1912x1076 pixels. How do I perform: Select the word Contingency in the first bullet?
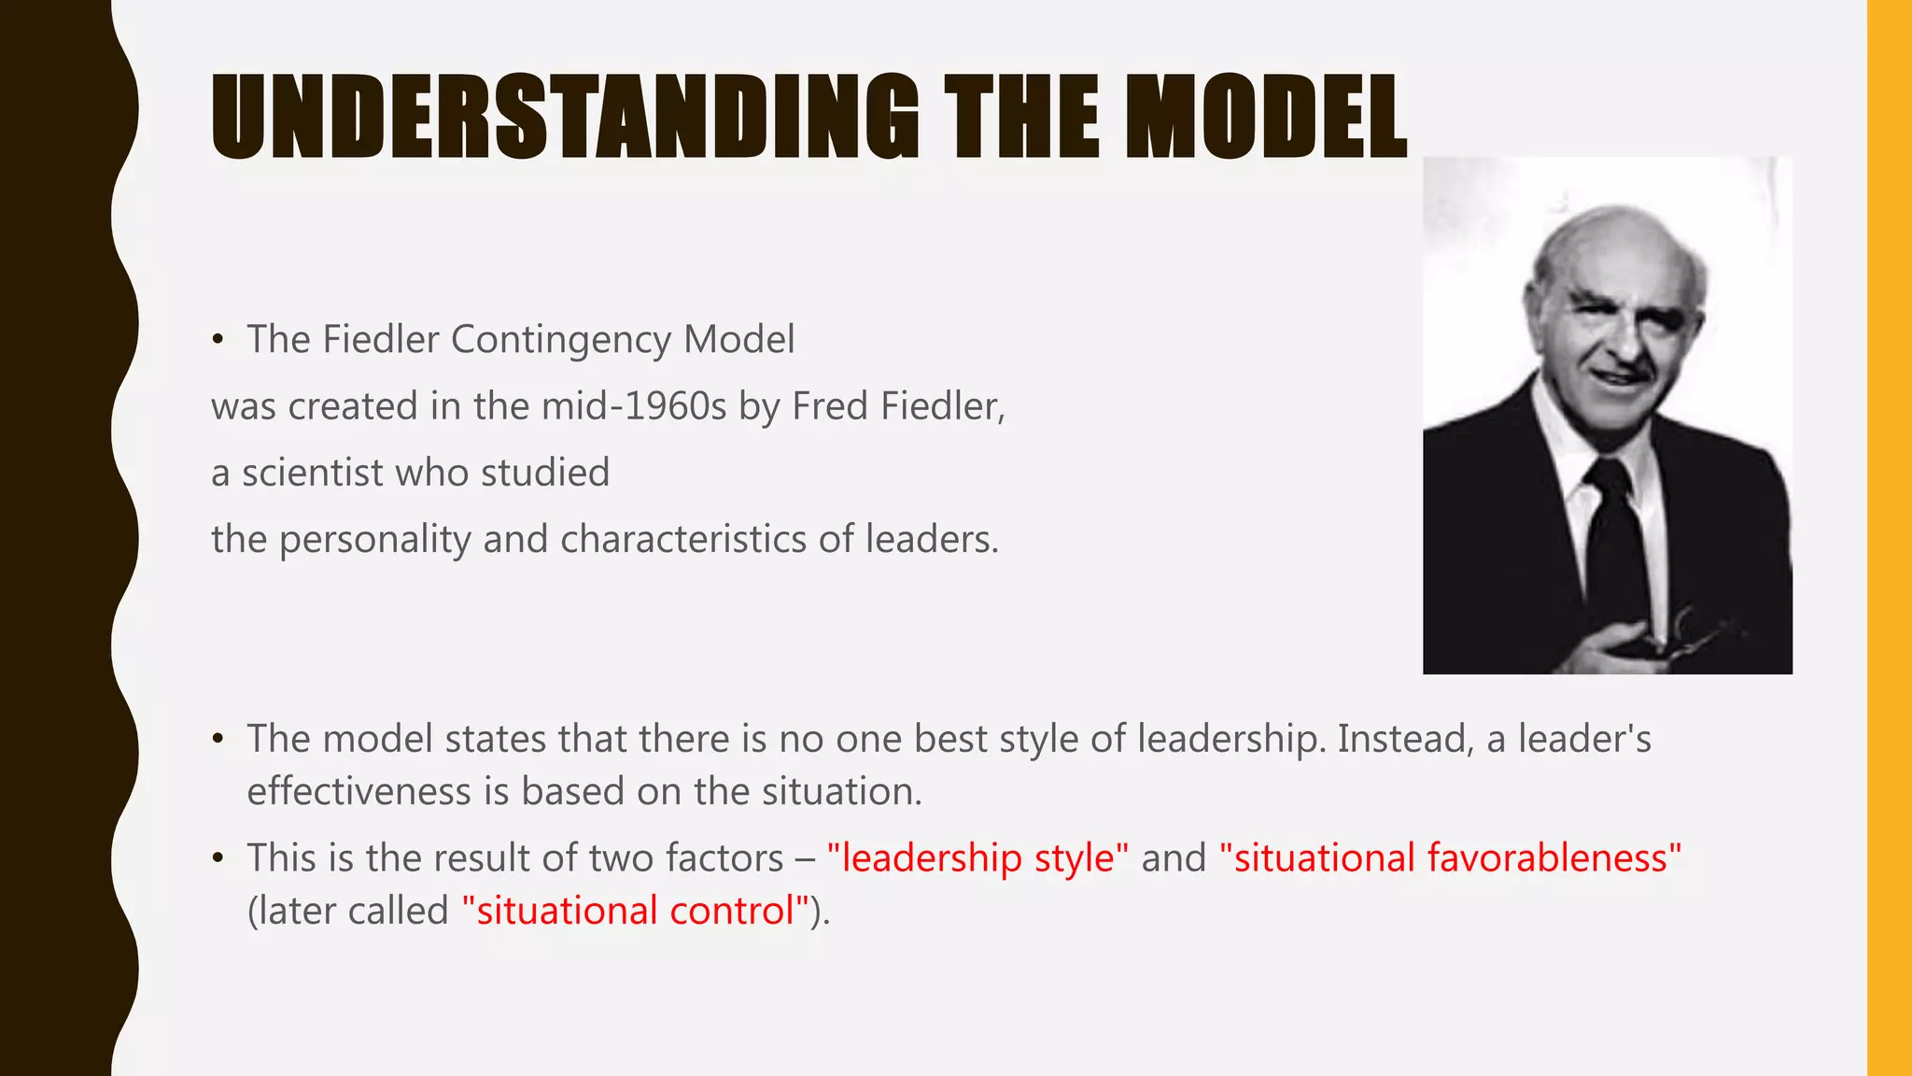[560, 340]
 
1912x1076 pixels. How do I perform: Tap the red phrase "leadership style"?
[977, 858]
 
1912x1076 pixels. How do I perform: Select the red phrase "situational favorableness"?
[1450, 858]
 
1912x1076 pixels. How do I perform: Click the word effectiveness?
[358, 792]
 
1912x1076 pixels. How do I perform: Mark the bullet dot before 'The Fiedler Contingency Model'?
[218, 340]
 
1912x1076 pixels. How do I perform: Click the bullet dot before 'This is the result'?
[218, 858]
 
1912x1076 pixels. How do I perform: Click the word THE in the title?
[1022, 118]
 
